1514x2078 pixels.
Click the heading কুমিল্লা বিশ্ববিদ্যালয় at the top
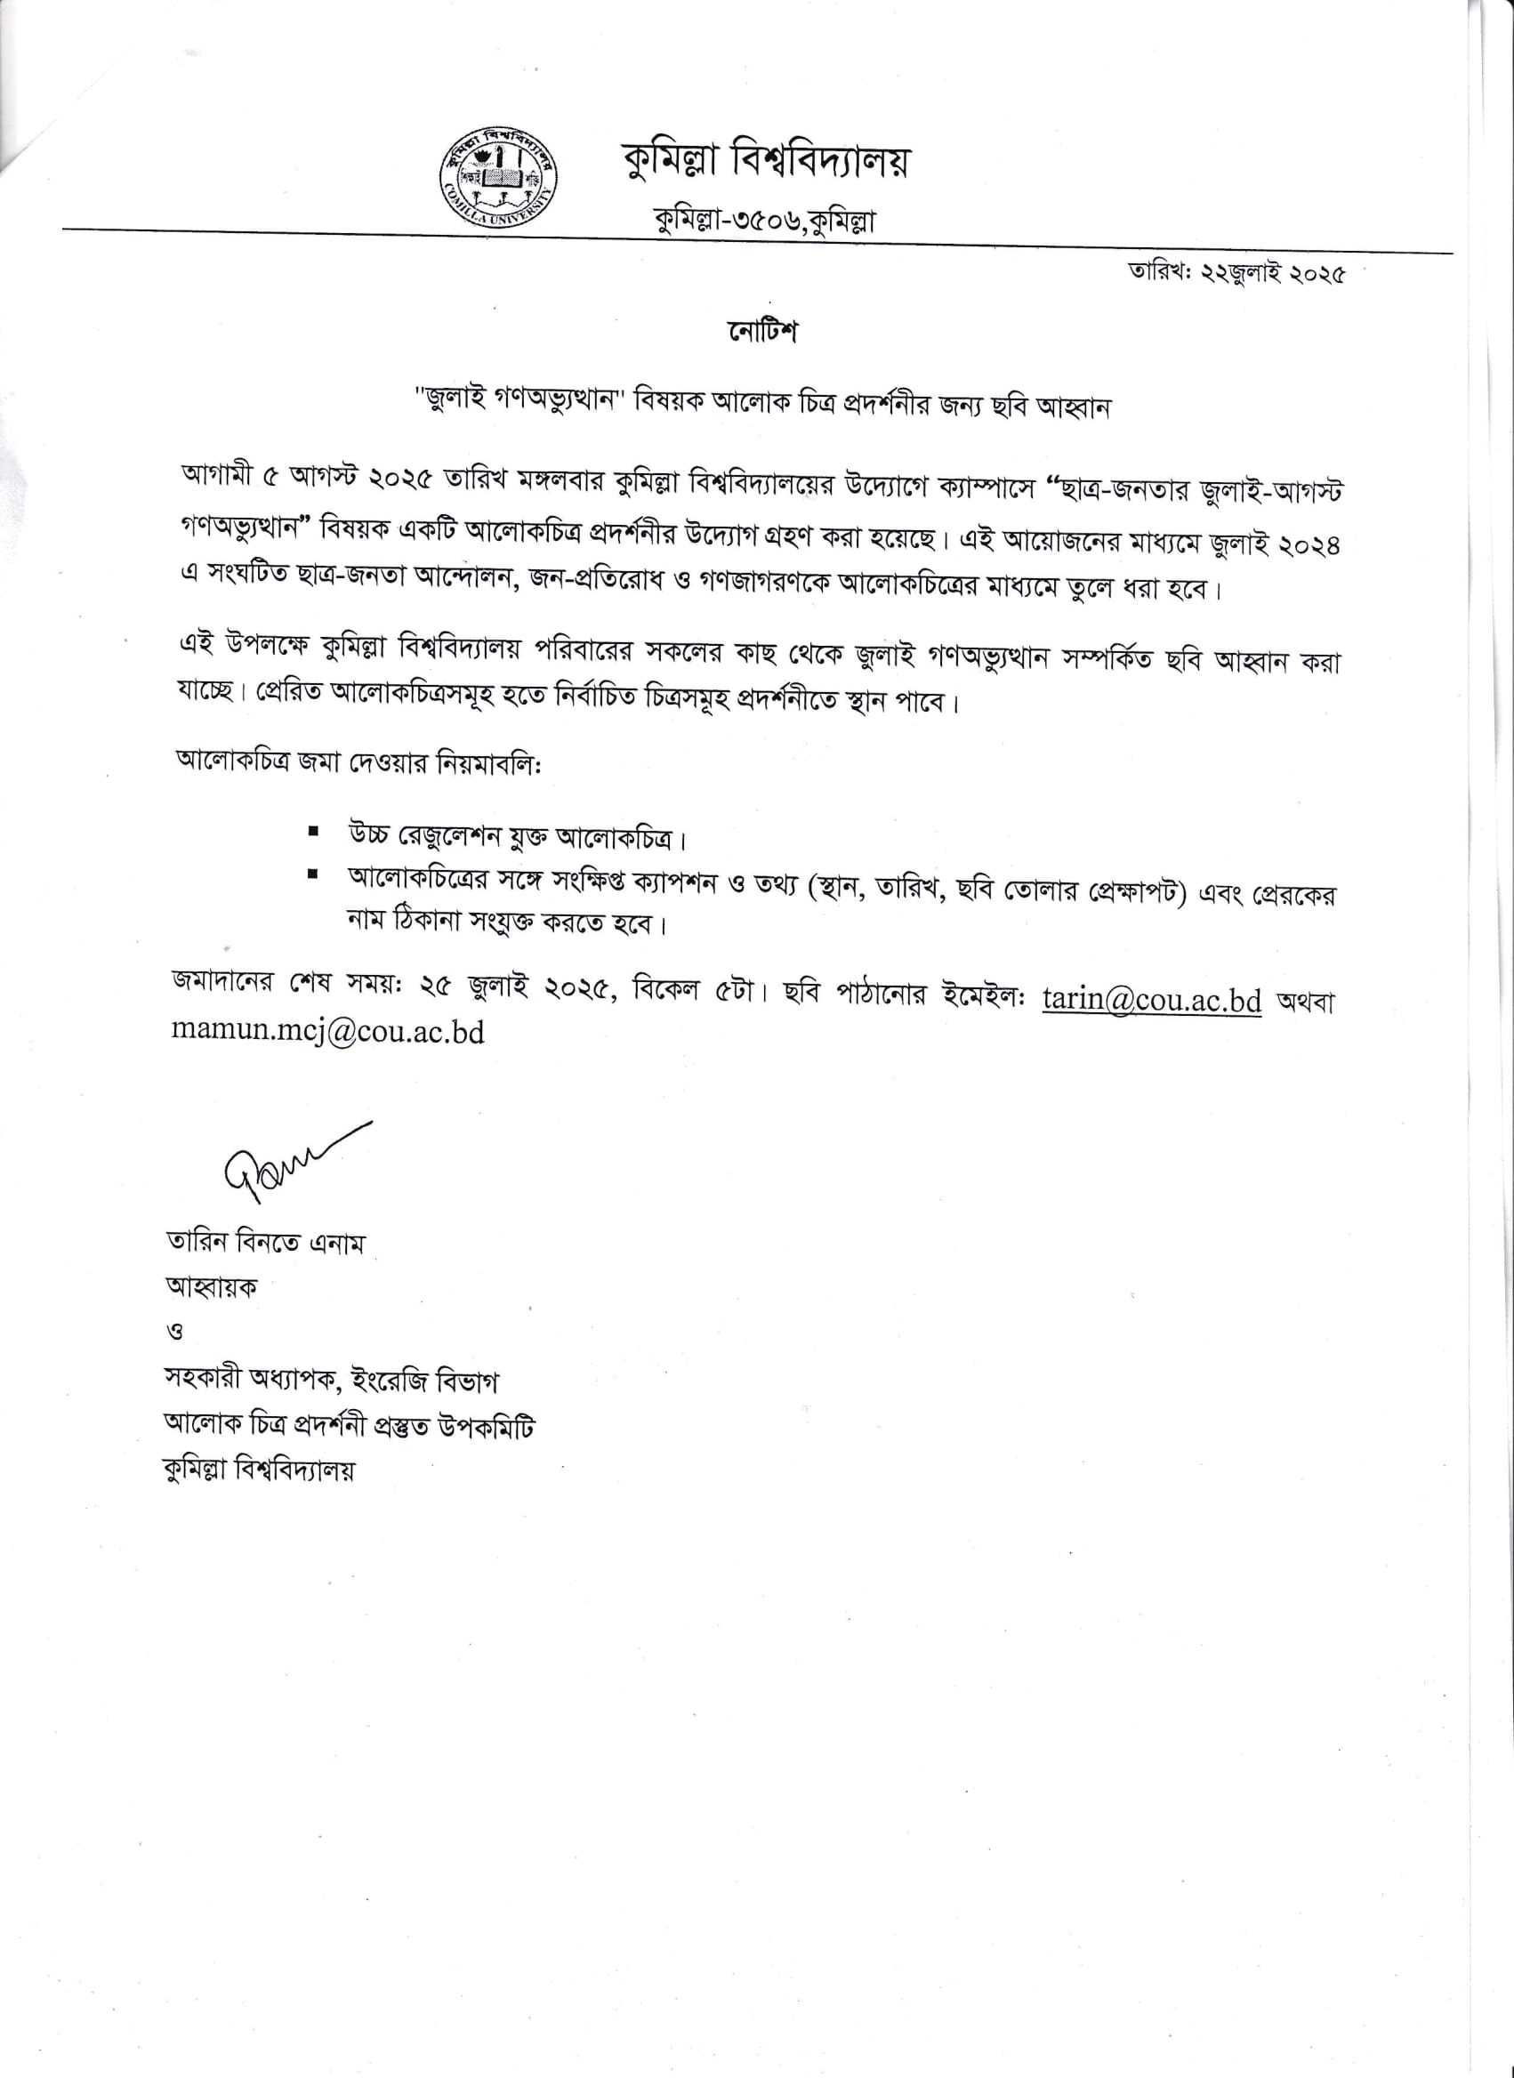pos(765,163)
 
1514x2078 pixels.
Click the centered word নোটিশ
pos(761,332)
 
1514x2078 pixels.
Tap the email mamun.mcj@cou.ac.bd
pos(327,1033)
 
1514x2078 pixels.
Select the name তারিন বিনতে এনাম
pos(265,1244)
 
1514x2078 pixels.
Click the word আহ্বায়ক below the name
pos(211,1287)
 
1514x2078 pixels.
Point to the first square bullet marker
pos(314,832)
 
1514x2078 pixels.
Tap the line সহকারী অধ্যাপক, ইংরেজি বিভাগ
pos(332,1381)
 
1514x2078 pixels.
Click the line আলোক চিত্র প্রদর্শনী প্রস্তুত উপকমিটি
pos(350,1426)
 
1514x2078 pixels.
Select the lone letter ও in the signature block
pos(174,1333)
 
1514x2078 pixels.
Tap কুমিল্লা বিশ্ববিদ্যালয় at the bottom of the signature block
pos(260,1470)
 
